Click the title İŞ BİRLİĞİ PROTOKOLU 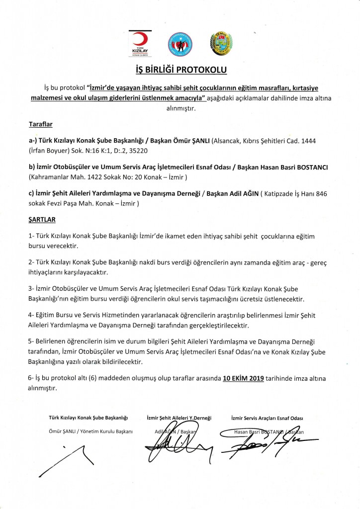click(x=180, y=70)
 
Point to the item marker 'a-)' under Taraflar click(x=34, y=141)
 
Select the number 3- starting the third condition click(x=32, y=289)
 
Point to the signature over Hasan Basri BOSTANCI click(x=264, y=440)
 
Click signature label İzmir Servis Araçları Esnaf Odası click(x=267, y=419)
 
